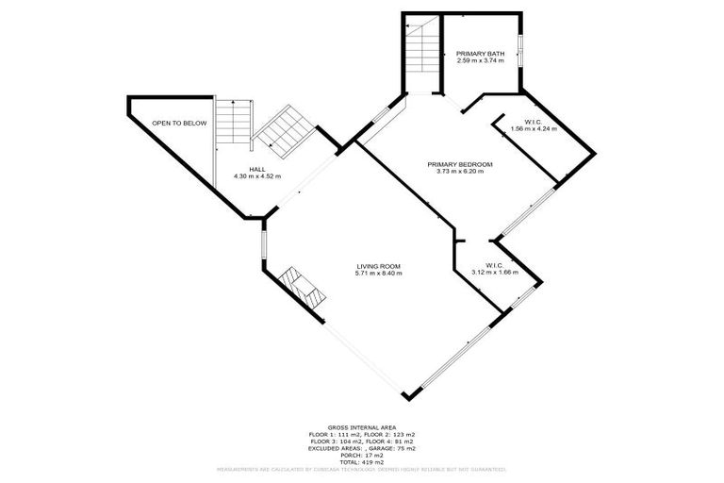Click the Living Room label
point(379,266)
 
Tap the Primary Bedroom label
point(459,164)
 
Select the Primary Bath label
point(481,54)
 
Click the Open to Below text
point(179,124)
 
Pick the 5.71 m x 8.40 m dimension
point(379,274)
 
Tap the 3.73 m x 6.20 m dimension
point(459,172)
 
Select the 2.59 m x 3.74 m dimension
point(481,61)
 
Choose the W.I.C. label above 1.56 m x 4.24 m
point(521,122)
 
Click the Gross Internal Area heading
point(362,426)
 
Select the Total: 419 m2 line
point(362,460)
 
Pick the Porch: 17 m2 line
point(362,454)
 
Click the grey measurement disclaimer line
point(362,468)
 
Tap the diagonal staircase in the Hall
point(281,132)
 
